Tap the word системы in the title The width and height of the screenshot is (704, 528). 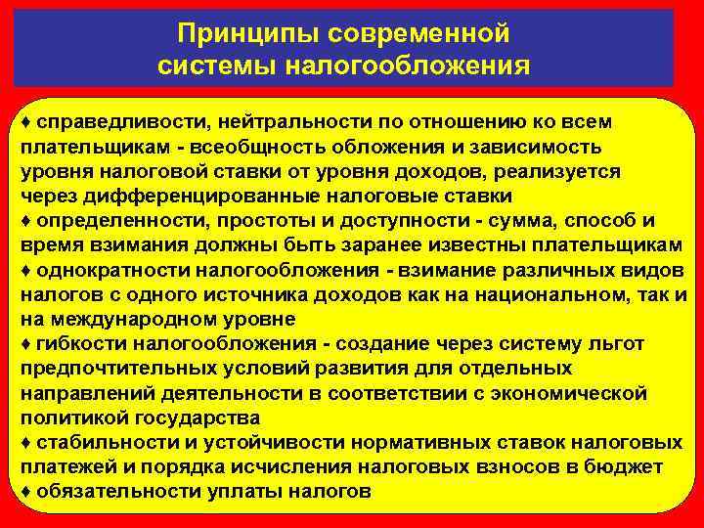click(x=217, y=66)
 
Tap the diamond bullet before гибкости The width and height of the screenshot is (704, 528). click(x=23, y=343)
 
